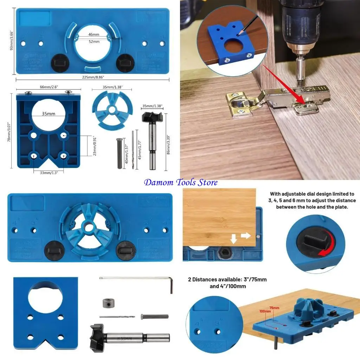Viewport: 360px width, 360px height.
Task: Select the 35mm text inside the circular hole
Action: [x=49, y=114]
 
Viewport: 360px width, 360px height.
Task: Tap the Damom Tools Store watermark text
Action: [x=181, y=182]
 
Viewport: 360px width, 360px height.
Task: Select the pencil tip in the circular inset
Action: [x=239, y=34]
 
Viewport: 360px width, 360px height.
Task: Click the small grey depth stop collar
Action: [x=109, y=303]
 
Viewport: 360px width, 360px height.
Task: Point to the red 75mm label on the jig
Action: [x=274, y=308]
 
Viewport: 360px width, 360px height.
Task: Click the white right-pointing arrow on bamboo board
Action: [x=245, y=235]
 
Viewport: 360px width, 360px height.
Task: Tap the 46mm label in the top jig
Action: [x=94, y=34]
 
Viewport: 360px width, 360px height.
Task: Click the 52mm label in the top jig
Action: [x=94, y=41]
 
